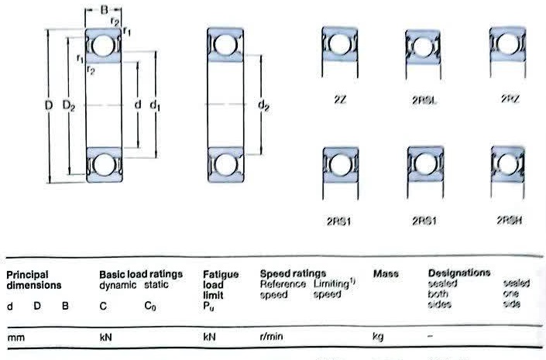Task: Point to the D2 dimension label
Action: coord(68,105)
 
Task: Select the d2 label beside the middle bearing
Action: coord(263,105)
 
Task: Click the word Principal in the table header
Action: coord(27,274)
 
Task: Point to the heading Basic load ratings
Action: coord(141,274)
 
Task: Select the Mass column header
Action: coord(385,274)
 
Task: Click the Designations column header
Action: coord(459,273)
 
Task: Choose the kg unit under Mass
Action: coord(378,338)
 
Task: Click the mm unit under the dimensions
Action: coord(15,338)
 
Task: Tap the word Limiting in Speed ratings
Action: coord(331,284)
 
